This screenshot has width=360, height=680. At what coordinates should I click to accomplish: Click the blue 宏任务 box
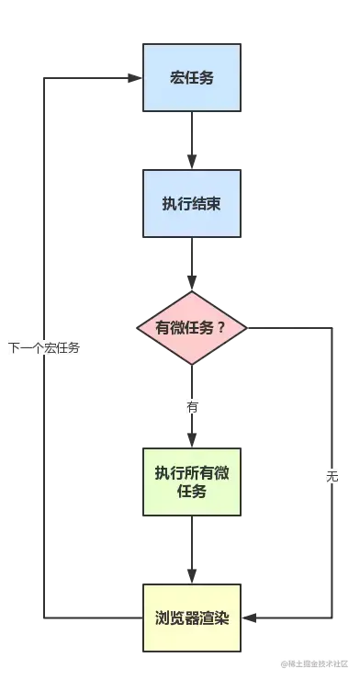pos(191,77)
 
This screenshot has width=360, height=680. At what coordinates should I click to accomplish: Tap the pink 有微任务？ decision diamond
pos(191,328)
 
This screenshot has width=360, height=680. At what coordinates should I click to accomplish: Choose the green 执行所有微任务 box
pos(191,483)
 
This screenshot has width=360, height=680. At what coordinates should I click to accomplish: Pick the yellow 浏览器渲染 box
pos(191,617)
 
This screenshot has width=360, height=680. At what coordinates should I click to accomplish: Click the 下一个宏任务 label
pos(44,347)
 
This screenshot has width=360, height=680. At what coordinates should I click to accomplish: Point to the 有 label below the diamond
pos(192,406)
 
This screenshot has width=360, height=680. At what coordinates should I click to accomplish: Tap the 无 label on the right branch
pos(332,477)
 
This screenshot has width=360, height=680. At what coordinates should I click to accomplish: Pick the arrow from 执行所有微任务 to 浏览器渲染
pos(191,552)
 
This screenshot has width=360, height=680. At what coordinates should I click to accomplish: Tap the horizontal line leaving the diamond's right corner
pos(289,327)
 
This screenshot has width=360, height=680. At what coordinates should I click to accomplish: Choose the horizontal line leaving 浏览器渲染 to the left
pos(92,617)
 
